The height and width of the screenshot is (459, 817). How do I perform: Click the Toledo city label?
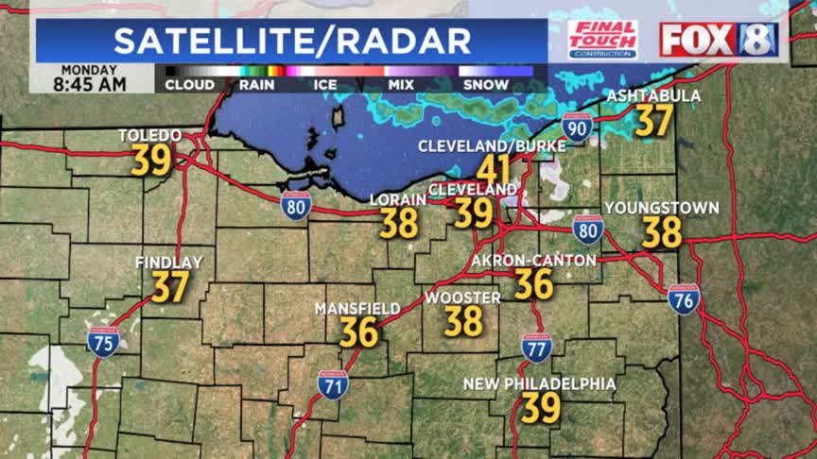click(149, 136)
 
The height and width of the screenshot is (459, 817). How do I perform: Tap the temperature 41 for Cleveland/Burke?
click(493, 170)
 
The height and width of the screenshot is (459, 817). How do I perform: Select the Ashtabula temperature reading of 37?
click(653, 121)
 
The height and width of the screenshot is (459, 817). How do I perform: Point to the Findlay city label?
click(169, 263)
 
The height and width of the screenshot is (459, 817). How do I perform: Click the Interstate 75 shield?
click(104, 341)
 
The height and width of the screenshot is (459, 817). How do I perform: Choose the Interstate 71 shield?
click(333, 383)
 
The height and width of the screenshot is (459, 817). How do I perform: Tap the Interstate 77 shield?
click(536, 348)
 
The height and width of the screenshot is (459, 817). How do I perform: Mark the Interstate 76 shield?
click(684, 299)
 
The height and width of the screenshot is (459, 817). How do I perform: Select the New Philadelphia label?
click(539, 384)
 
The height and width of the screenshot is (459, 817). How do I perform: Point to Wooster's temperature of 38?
click(463, 322)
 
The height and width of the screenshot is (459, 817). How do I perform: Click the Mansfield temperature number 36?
click(359, 331)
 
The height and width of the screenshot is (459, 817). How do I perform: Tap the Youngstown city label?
click(662, 208)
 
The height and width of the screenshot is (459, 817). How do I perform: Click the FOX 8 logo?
click(719, 40)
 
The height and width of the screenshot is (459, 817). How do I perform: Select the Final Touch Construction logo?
click(602, 40)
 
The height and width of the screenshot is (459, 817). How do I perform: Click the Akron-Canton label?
click(533, 260)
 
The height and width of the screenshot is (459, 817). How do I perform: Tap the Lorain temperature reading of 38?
click(399, 223)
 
